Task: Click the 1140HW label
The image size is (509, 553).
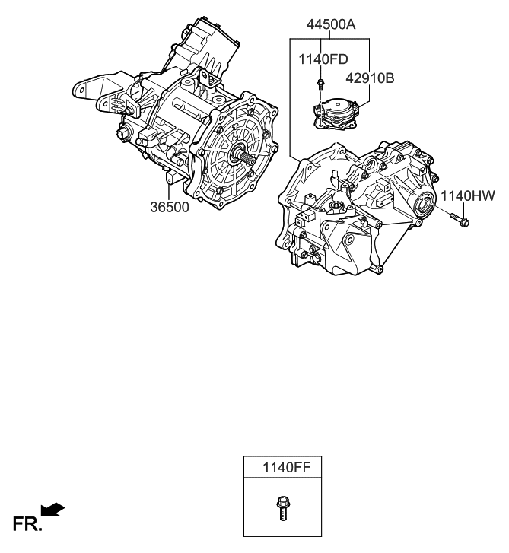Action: pos(469,197)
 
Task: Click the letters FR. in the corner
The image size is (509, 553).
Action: pos(27,524)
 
